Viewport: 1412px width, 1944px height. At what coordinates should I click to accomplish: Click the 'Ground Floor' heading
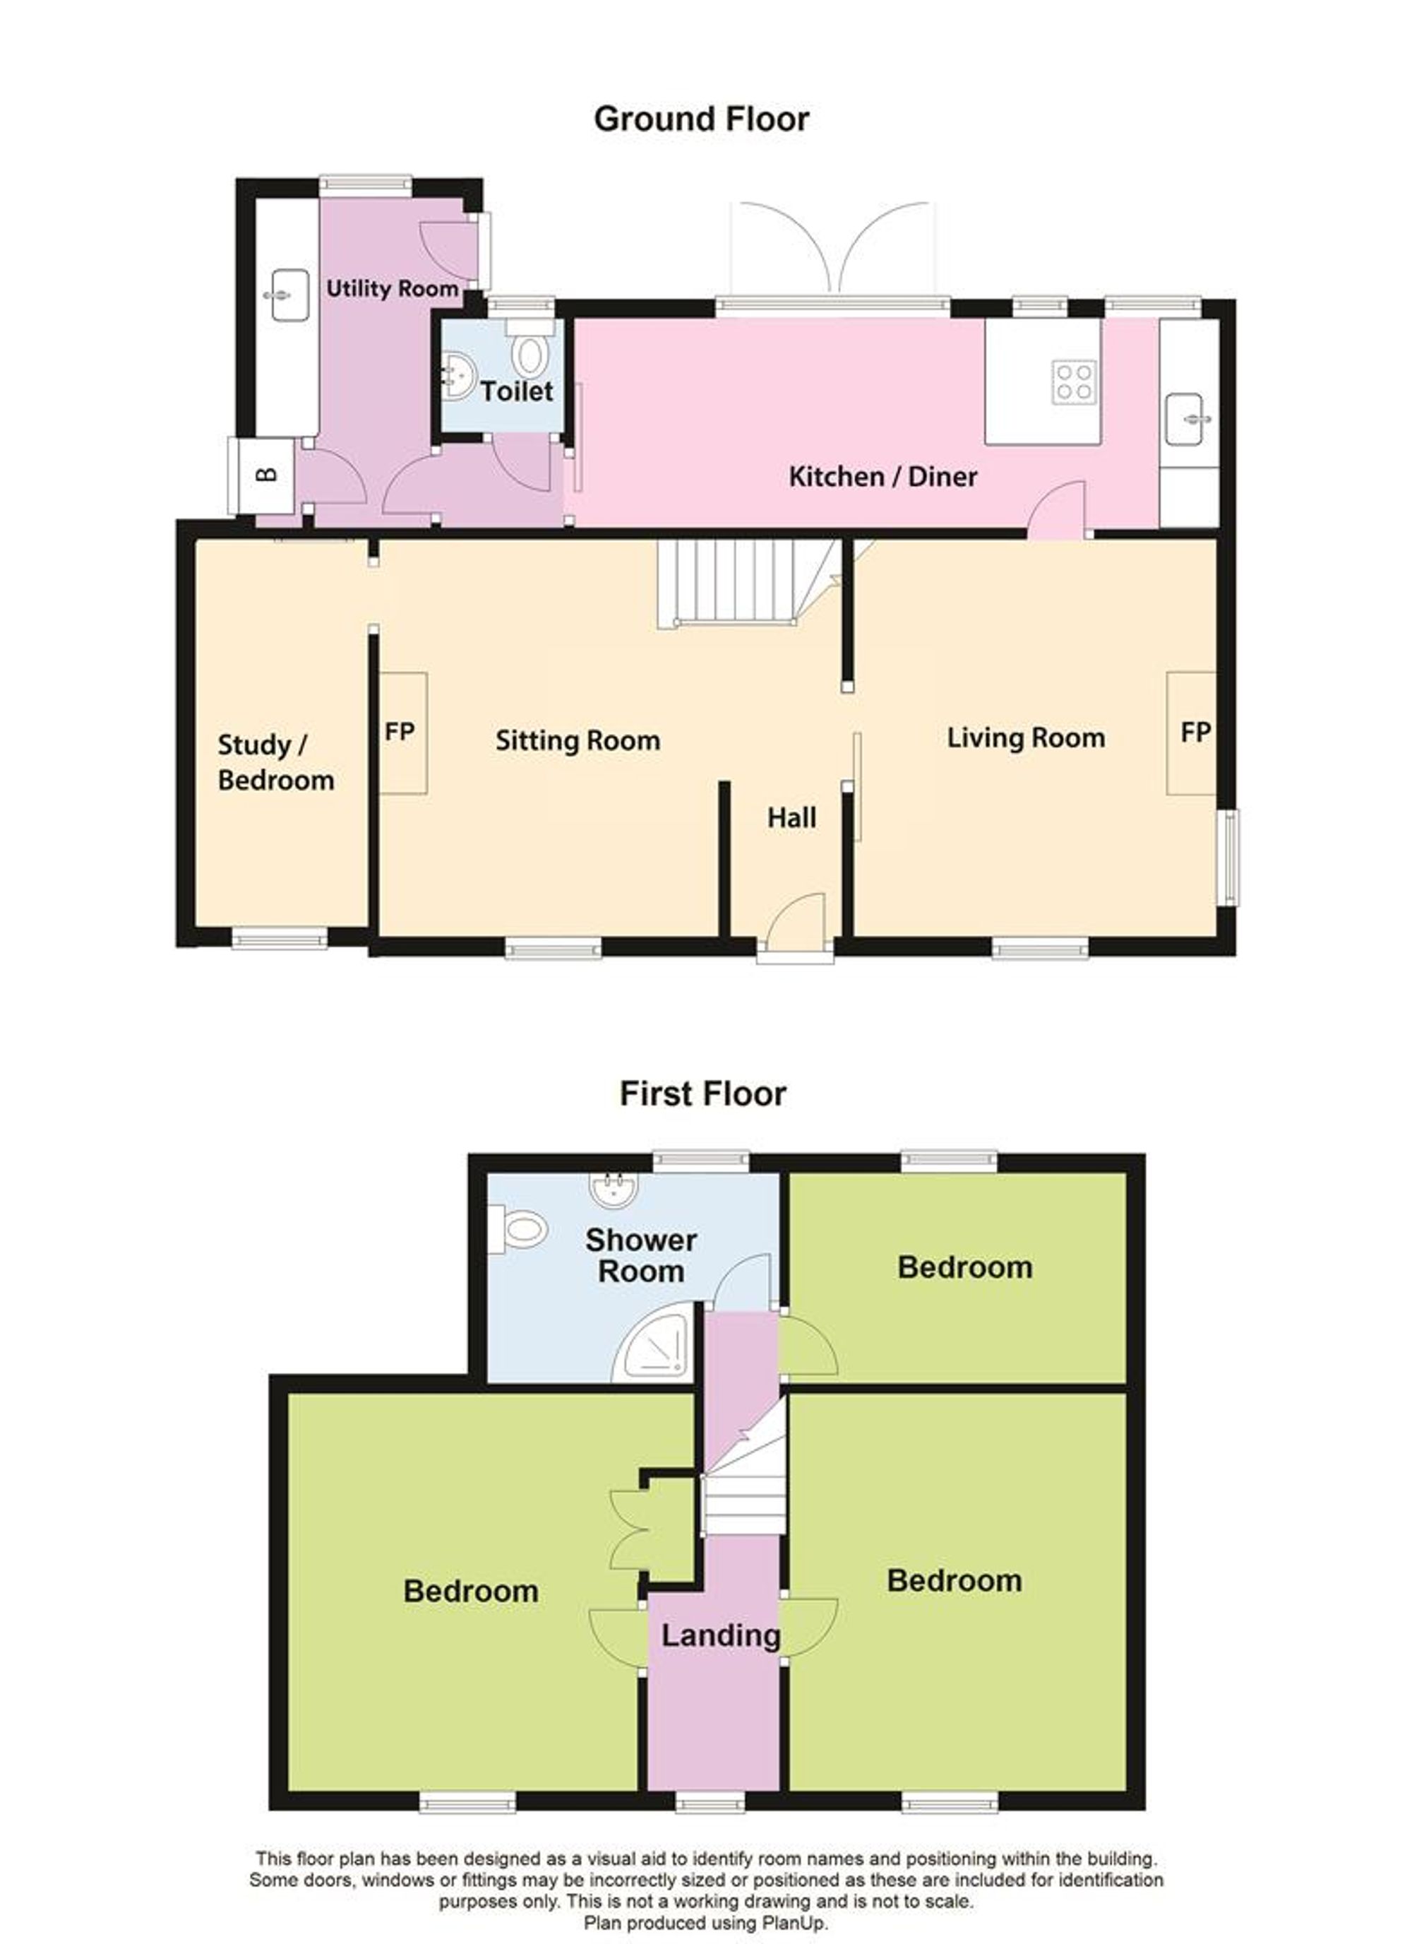pyautogui.click(x=701, y=119)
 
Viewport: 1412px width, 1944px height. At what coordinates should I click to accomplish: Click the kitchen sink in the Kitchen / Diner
pyautogui.click(x=1189, y=419)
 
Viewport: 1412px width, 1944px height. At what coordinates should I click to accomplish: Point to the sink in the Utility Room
pyautogui.click(x=289, y=296)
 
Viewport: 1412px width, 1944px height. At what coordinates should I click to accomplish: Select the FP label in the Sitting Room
pyautogui.click(x=400, y=731)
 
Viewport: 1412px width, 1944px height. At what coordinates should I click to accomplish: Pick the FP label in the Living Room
pyautogui.click(x=1195, y=731)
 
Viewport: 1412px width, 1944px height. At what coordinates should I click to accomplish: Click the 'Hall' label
pyautogui.click(x=791, y=818)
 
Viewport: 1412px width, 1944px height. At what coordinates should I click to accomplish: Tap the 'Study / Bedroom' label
pyautogui.click(x=275, y=762)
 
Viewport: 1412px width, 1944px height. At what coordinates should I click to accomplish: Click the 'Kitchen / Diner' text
pyautogui.click(x=882, y=477)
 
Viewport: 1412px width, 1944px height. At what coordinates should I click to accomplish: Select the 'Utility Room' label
pyautogui.click(x=392, y=289)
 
